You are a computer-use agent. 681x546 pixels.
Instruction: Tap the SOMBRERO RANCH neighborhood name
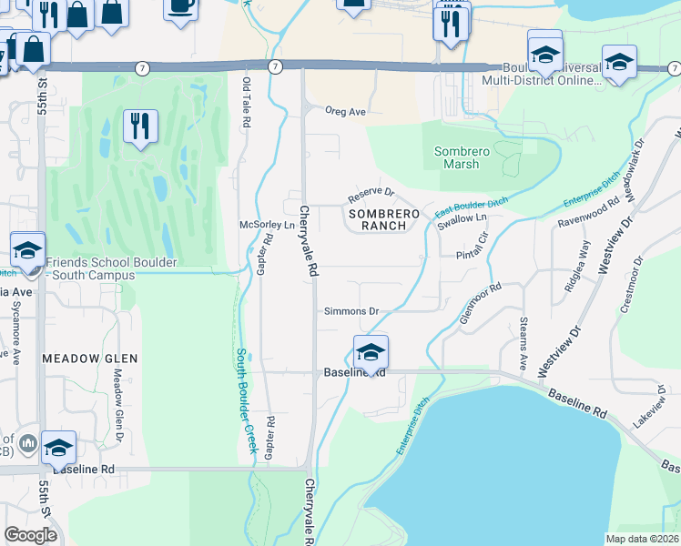click(383, 219)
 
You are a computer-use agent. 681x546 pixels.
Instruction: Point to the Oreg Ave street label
click(346, 111)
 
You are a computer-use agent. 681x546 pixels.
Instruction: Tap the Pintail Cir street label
click(473, 249)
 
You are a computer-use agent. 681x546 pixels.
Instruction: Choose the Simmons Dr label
click(351, 311)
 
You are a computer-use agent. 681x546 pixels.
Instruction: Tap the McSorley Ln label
click(268, 225)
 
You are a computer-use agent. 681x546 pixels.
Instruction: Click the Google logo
click(31, 535)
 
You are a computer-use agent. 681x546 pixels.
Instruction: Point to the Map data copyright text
click(641, 539)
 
